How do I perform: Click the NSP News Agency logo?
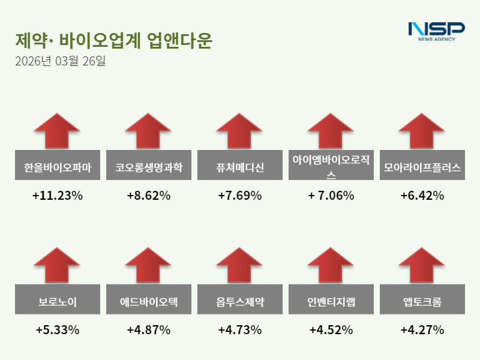tap(436, 31)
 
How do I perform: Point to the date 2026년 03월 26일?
tap(60, 61)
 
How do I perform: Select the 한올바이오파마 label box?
tap(58, 166)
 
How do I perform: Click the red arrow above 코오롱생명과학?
tap(149, 130)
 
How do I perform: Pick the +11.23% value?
tap(58, 196)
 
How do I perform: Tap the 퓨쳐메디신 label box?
tap(240, 166)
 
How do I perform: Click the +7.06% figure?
tap(331, 196)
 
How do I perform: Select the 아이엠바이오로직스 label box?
tap(331, 166)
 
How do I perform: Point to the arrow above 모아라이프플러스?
tap(422, 130)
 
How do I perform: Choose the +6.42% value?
tap(422, 196)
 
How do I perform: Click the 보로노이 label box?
tap(58, 301)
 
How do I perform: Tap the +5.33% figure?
tap(58, 330)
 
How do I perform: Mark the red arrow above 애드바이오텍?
tap(149, 265)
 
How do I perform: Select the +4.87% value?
tap(149, 330)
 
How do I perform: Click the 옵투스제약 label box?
tap(240, 301)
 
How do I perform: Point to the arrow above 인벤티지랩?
tap(331, 265)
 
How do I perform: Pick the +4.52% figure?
tap(331, 330)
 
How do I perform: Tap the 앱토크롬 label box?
tap(422, 301)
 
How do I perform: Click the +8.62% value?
tap(149, 196)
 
